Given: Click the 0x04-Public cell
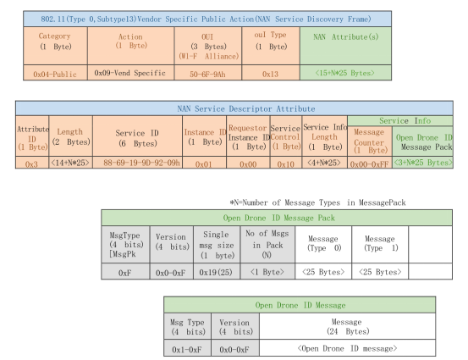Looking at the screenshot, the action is click(55, 73).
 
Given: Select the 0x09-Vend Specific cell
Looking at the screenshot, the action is click(130, 73).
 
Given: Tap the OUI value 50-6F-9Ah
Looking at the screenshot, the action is click(207, 73).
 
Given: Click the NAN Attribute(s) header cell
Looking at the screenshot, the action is click(345, 46).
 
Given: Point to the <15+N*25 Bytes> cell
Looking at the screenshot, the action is click(345, 73).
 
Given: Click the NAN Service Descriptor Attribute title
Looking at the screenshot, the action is click(246, 108).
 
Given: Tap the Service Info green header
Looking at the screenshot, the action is click(405, 120).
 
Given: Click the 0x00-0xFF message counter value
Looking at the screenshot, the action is click(370, 163).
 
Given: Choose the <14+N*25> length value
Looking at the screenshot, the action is click(70, 163).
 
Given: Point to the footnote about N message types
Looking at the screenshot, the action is click(317, 202).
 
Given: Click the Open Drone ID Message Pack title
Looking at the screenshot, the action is click(278, 218).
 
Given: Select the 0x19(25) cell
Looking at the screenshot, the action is click(217, 272).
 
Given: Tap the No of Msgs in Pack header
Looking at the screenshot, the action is click(267, 245).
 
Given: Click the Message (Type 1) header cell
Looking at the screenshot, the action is click(380, 245).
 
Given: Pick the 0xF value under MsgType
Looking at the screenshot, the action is click(125, 272).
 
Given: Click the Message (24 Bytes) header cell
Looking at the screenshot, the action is click(348, 326).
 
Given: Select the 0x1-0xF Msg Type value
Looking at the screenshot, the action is click(187, 348).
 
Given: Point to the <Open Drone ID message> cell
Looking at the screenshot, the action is click(348, 348).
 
